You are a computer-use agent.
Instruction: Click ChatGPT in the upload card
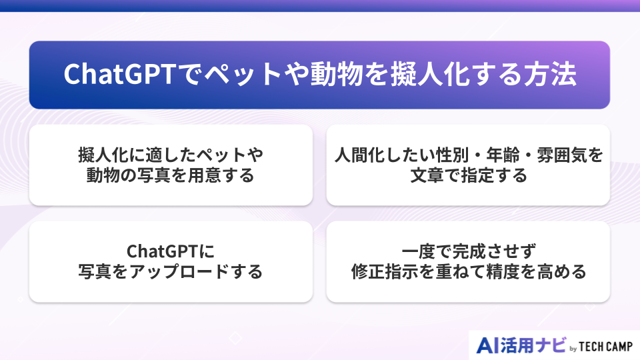point(164,251)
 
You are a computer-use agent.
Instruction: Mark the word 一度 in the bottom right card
point(416,251)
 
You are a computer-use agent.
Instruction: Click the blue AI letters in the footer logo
point(491,345)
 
